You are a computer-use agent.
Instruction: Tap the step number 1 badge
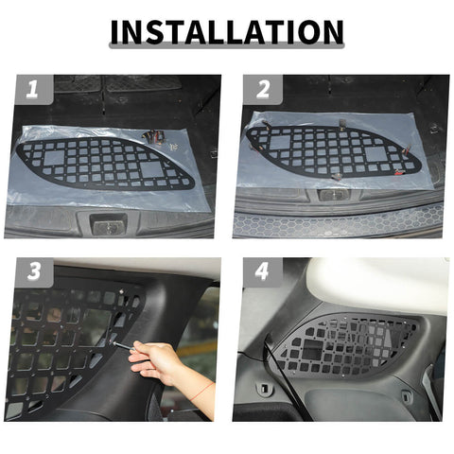click(32, 91)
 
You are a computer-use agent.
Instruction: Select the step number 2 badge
click(263, 91)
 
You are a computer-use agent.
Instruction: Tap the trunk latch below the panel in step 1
click(107, 224)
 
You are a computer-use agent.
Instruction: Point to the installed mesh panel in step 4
click(350, 345)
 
